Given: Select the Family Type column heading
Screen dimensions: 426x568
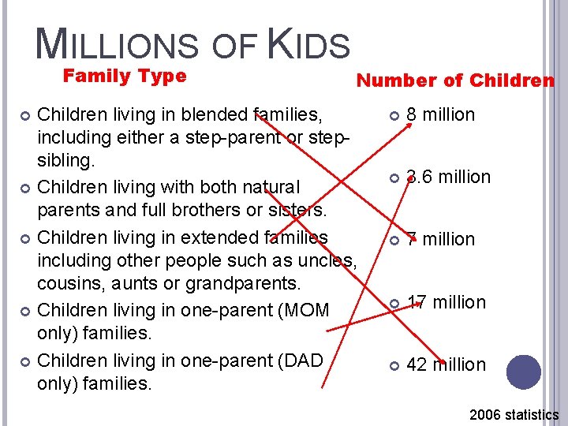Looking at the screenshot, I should coord(124,77).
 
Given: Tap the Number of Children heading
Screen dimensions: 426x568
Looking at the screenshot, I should coord(455,80).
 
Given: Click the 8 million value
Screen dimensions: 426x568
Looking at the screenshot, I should coord(440,114).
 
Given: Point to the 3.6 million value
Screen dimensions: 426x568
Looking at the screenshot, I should coord(448,177).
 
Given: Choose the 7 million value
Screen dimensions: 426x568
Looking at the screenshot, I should coord(440,239).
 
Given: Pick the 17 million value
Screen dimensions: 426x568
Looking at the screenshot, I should coord(446,302).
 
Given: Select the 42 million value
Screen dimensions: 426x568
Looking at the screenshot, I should coord(446,364).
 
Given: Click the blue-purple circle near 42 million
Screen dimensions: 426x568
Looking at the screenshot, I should coord(524,372).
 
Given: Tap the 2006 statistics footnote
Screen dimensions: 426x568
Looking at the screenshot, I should coord(514,414).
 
